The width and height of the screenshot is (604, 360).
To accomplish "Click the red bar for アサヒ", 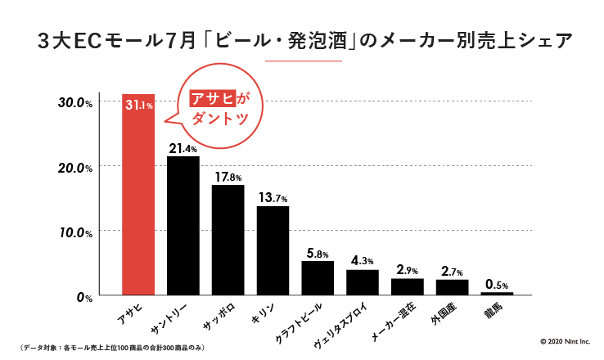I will pos(137,196).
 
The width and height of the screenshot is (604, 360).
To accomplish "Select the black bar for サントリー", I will pos(183,225).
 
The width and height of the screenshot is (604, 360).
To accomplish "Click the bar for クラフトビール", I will pos(318,277).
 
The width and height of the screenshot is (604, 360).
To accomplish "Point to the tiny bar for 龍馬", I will pos(497,293).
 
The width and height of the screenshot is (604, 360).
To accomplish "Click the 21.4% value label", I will pos(183,149).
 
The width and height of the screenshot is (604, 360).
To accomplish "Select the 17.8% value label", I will pos(228,177).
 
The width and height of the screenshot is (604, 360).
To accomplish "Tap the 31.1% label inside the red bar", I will pos(138,105).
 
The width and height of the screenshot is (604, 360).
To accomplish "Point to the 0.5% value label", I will pos(497,284).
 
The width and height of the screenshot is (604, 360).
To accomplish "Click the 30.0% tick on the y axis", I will pos(74,102).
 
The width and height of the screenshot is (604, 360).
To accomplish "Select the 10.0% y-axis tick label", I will pos(74,232).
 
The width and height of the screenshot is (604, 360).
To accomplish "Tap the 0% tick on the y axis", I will pos(84,297).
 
